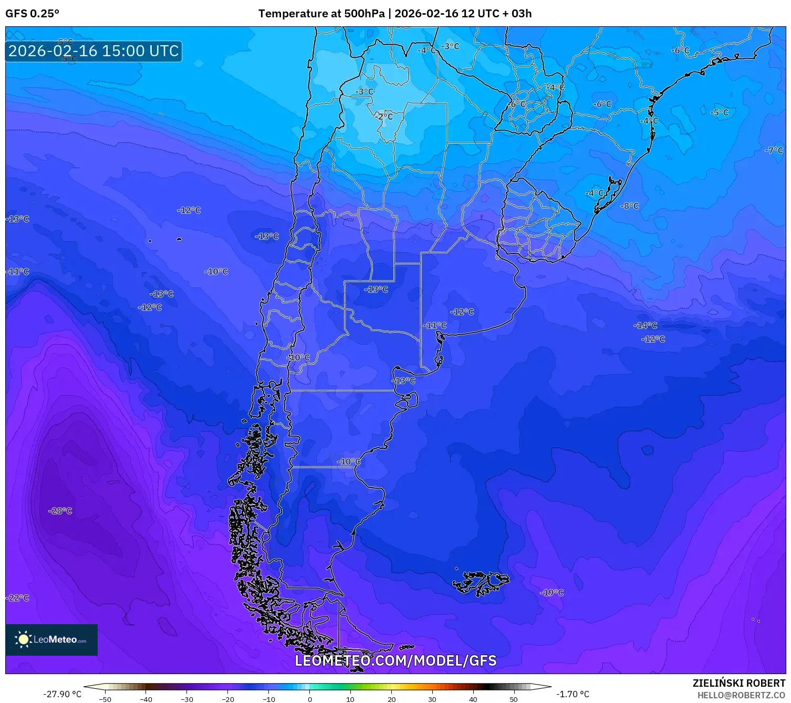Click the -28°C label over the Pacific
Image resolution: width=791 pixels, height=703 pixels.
coord(60,511)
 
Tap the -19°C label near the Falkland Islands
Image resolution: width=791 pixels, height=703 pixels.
coord(551,593)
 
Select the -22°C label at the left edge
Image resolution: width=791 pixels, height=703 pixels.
coord(18,598)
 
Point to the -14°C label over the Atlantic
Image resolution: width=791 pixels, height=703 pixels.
coord(646,326)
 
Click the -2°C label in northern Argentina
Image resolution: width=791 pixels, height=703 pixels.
coord(384,117)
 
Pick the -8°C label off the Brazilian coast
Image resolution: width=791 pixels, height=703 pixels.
coord(630,206)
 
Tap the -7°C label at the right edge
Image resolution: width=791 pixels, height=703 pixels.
coord(774,150)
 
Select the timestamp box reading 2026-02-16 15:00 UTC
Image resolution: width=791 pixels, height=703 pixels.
coord(93,51)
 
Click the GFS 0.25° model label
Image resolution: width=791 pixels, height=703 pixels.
coord(32,14)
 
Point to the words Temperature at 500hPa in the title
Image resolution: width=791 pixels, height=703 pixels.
coord(321,14)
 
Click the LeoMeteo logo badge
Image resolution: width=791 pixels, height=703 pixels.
coord(51,639)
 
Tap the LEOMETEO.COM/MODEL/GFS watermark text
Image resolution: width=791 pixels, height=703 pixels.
coord(395,660)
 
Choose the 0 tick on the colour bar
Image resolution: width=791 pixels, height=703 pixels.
coord(310,699)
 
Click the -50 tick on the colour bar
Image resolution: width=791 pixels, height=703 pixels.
coord(105,699)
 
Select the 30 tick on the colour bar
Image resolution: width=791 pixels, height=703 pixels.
coord(432,699)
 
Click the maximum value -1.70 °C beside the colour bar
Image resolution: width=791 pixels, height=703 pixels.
coord(573,694)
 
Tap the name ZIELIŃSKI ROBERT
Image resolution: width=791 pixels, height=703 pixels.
coord(738,683)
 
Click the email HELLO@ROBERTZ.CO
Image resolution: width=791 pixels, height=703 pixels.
coord(741,695)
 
